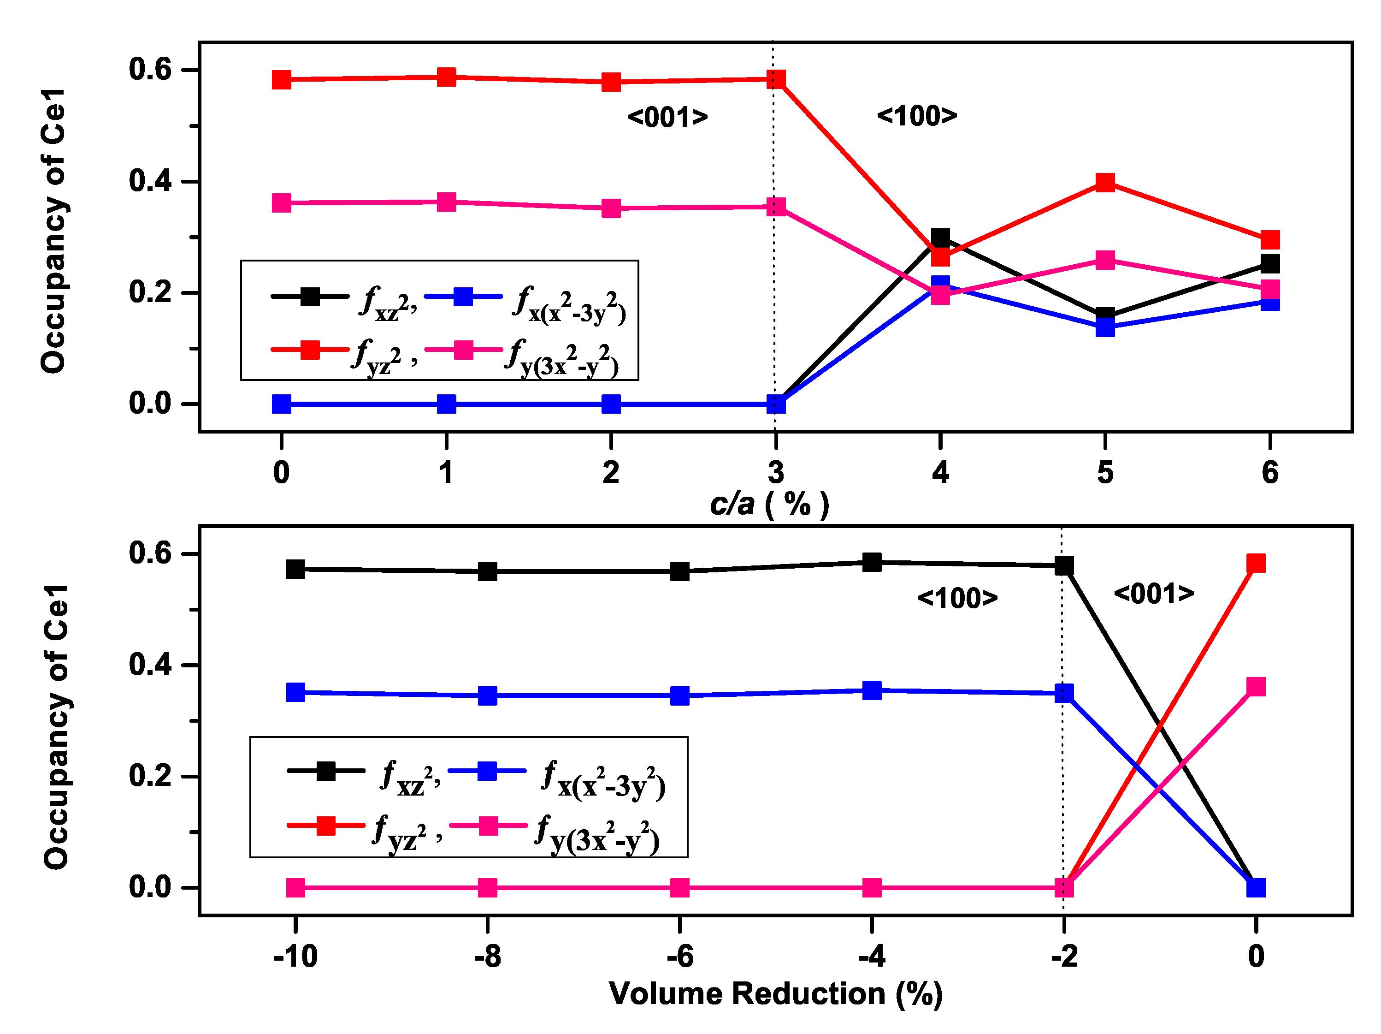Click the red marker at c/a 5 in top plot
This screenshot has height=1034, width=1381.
pos(1105,183)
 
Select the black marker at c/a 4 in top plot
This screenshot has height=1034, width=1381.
pos(940,238)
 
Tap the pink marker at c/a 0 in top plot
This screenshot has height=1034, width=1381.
pos(282,203)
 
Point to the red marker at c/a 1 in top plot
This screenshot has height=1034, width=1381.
pos(446,77)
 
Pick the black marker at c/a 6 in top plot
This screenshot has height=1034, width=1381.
pos(1270,264)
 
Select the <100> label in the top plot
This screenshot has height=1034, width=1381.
pos(916,116)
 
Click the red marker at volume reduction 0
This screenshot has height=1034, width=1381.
pos(1256,564)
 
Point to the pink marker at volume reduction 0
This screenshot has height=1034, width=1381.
pos(1256,687)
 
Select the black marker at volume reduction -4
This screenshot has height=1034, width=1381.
pos(872,562)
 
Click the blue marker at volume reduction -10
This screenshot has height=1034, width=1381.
pos(296,692)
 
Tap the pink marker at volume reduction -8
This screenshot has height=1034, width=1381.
pos(488,888)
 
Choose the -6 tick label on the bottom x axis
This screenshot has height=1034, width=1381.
pos(679,957)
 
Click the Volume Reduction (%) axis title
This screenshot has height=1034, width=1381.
pos(775,993)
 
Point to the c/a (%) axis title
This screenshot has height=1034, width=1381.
pos(769,504)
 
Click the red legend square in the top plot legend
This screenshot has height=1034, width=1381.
pos(310,350)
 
